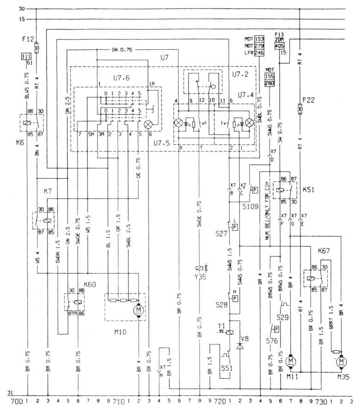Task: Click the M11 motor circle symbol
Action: pos(291,360)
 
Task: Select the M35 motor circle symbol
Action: pos(342,361)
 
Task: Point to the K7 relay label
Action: pos(48,191)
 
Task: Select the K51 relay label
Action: pos(308,190)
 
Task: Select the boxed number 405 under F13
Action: pos(279,46)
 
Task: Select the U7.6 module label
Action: pos(120,79)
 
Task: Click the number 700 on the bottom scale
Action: pos(16,402)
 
